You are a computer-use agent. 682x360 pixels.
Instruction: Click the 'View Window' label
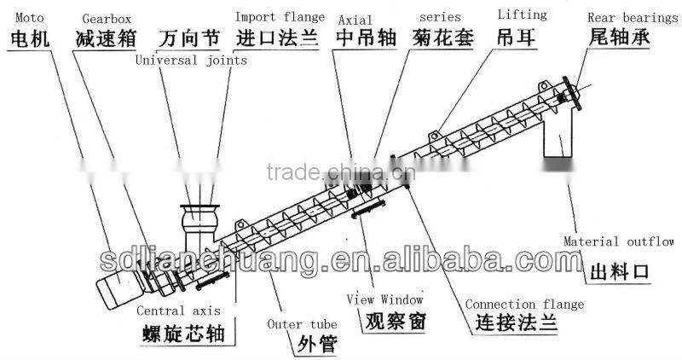[384, 299]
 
